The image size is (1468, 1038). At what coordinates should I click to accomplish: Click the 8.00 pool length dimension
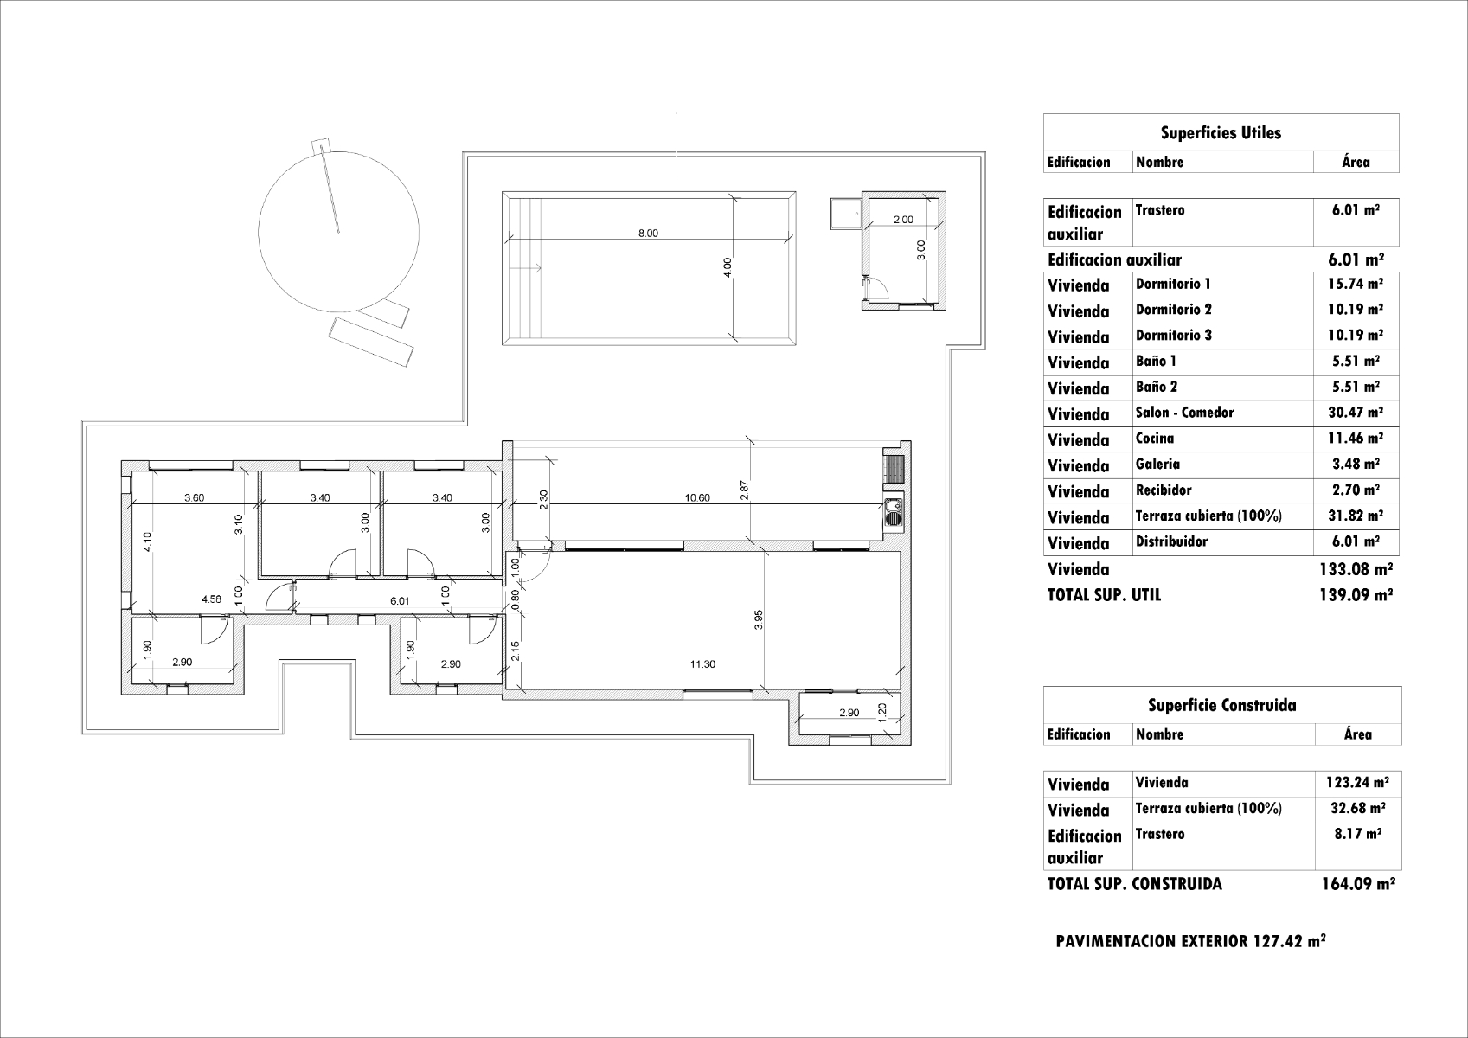(x=647, y=234)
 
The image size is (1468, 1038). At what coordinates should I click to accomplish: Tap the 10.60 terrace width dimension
(x=697, y=498)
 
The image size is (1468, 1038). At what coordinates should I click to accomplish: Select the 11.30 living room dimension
(x=702, y=664)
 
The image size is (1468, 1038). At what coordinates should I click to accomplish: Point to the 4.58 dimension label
(x=212, y=599)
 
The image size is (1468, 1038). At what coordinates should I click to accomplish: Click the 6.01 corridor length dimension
(x=400, y=601)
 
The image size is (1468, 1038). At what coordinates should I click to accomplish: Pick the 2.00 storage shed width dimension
(x=903, y=221)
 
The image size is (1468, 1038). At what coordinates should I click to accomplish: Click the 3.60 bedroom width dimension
(x=194, y=498)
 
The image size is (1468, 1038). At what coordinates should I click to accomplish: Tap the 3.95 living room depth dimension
(x=759, y=620)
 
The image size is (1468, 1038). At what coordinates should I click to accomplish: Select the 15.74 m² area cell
(x=1356, y=285)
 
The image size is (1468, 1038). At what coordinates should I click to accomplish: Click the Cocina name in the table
(x=1155, y=439)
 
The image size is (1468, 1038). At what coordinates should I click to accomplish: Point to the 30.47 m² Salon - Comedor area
(x=1356, y=413)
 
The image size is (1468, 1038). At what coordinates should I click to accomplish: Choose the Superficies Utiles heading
(x=1221, y=133)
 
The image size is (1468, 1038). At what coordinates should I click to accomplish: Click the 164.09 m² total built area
(x=1358, y=884)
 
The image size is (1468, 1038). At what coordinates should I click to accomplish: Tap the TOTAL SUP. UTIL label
(x=1105, y=595)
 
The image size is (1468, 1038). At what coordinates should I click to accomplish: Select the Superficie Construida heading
(x=1222, y=705)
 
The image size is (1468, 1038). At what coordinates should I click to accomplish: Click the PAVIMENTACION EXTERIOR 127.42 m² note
(x=1191, y=942)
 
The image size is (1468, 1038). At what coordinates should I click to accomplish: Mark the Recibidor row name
(x=1164, y=490)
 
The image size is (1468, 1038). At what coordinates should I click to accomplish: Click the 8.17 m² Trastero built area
(x=1358, y=834)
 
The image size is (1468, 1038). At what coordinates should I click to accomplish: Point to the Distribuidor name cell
(x=1172, y=542)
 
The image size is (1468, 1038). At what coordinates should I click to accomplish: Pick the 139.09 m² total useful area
(x=1356, y=595)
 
